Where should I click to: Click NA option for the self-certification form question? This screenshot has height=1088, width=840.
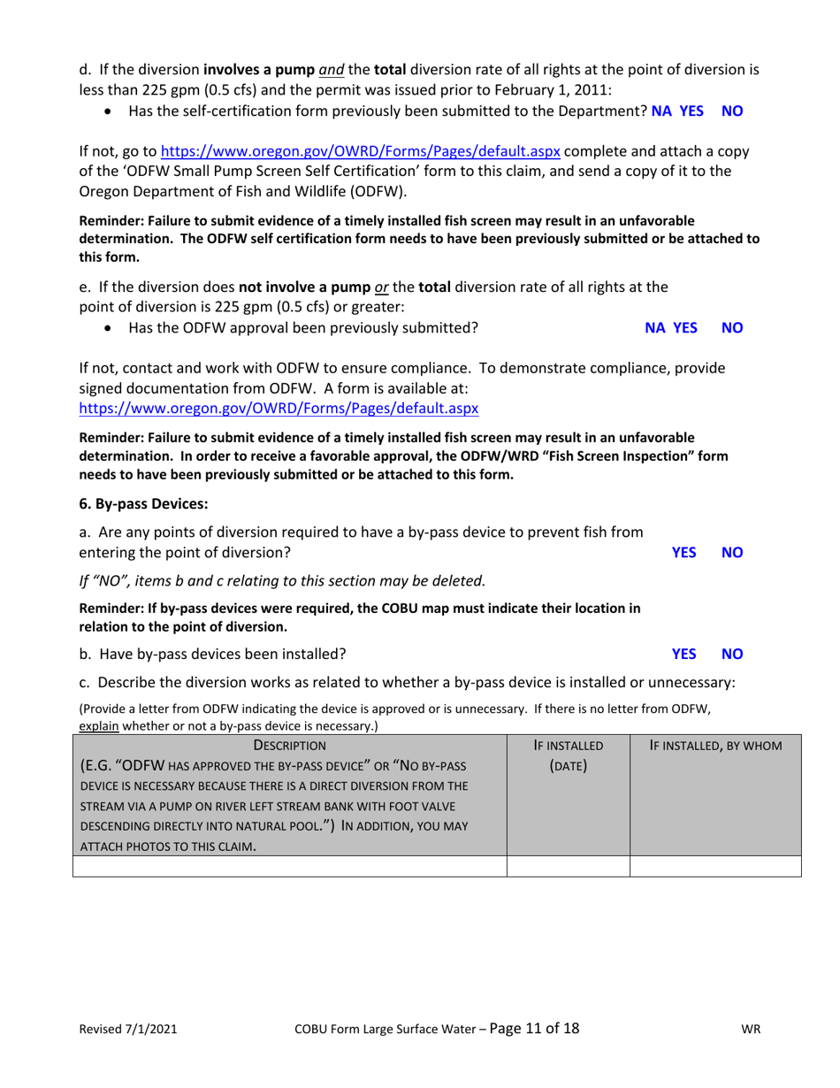(x=661, y=111)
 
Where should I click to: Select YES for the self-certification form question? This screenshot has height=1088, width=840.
(x=691, y=111)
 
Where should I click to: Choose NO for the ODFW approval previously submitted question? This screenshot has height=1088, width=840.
(x=732, y=327)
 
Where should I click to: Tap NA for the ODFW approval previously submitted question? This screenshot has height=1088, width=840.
(x=655, y=327)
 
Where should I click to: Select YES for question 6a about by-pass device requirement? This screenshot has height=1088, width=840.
(x=683, y=552)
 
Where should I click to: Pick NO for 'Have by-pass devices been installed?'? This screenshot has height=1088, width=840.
(x=732, y=654)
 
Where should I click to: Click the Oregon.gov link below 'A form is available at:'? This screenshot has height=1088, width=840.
(x=279, y=409)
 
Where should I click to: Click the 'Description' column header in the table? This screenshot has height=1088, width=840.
(x=290, y=746)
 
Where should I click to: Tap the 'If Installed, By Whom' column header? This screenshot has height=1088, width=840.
(x=715, y=746)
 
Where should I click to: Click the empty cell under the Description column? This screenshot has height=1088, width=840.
(x=290, y=866)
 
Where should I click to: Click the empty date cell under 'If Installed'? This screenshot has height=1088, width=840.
(x=568, y=866)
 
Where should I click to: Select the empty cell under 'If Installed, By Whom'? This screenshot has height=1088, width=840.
(x=715, y=866)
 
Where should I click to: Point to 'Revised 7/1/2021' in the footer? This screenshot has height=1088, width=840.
(x=128, y=1030)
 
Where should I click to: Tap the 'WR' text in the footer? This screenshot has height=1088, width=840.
(x=752, y=1030)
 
